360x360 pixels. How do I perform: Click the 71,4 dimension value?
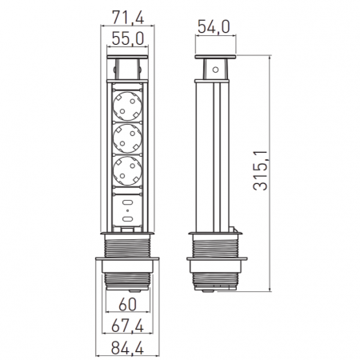(x=128, y=18)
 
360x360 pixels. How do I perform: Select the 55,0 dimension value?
(x=128, y=38)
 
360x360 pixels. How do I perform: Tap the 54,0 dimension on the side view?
(x=214, y=26)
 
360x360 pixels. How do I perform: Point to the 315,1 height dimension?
(x=260, y=170)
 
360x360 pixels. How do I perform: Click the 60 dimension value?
(x=128, y=304)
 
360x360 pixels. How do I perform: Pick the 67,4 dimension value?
(x=128, y=326)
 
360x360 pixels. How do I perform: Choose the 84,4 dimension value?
(x=127, y=348)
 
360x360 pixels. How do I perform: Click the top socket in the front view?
(x=127, y=106)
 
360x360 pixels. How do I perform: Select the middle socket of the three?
(x=127, y=138)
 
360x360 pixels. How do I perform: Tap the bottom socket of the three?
(x=127, y=170)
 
